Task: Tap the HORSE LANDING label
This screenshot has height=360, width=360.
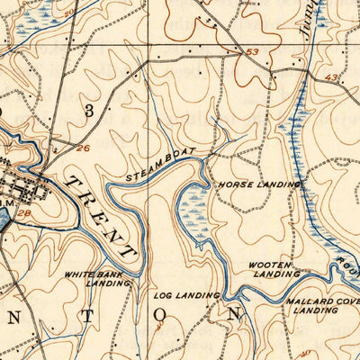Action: coord(257,184)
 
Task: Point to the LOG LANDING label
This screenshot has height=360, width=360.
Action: coord(187,295)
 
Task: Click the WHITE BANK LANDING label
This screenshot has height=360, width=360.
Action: coord(96,277)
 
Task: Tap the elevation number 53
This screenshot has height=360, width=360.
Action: coord(252,52)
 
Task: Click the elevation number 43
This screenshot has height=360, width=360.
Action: coord(333,78)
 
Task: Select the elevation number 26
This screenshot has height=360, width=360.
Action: coord(84,148)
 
